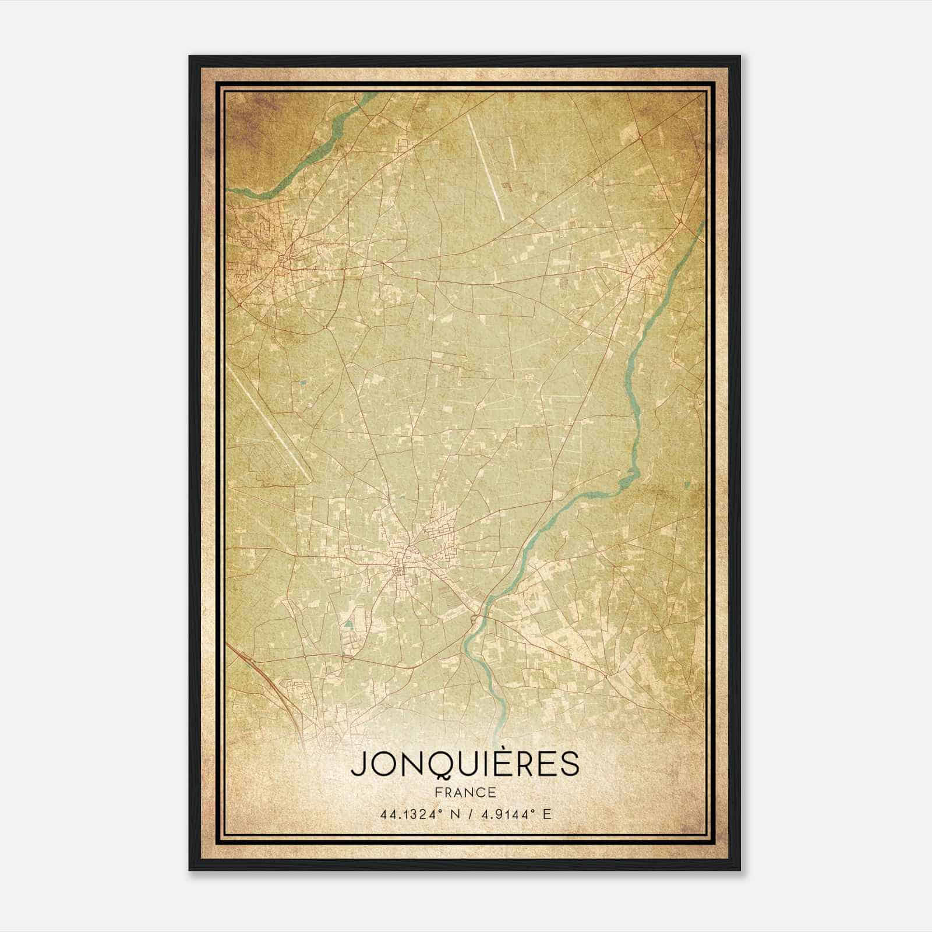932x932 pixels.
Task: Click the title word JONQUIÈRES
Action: coord(465,764)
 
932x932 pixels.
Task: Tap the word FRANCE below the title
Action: coord(465,793)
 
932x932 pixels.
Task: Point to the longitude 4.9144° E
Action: coord(514,814)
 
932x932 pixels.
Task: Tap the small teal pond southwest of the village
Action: coord(348,624)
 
